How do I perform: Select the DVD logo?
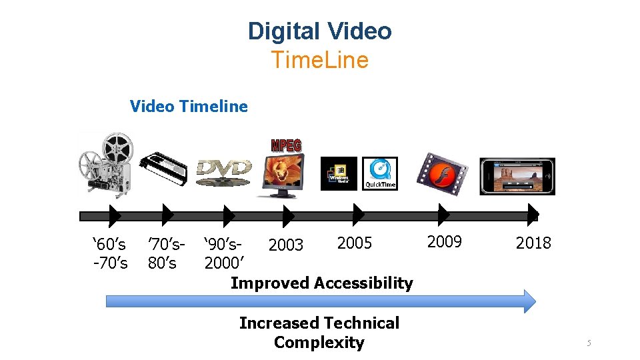(x=224, y=169)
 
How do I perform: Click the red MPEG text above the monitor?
(x=286, y=145)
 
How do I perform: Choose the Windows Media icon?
(x=339, y=173)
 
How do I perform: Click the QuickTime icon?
(x=379, y=173)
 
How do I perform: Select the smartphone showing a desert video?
(x=517, y=177)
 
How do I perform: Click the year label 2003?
(x=285, y=246)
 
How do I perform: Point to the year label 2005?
(x=355, y=243)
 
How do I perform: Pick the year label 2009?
(x=444, y=241)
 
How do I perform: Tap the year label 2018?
(x=533, y=243)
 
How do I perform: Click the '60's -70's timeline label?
(x=109, y=253)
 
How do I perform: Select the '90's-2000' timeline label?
(x=223, y=253)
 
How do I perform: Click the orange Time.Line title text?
(x=319, y=60)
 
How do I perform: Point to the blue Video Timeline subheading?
(x=189, y=106)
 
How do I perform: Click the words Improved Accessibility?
(x=321, y=283)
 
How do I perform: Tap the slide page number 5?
(x=589, y=343)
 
